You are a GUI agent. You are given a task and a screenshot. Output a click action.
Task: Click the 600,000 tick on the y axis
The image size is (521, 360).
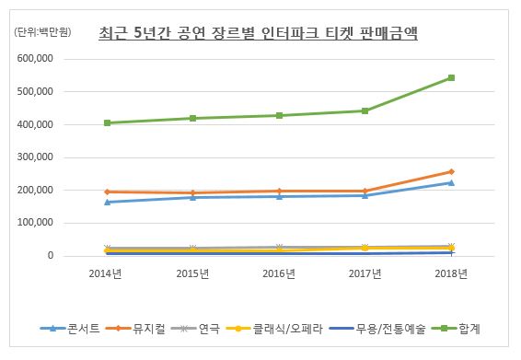point(37,59)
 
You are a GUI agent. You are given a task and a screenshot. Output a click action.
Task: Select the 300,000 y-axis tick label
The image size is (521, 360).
point(37,157)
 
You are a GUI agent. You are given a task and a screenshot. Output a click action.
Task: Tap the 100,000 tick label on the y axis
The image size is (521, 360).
point(37,223)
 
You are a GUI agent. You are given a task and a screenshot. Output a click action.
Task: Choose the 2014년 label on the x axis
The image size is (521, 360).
point(107,273)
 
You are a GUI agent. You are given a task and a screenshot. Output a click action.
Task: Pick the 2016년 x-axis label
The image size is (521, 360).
point(279,273)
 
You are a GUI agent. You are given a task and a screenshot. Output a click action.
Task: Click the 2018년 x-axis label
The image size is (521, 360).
point(450,273)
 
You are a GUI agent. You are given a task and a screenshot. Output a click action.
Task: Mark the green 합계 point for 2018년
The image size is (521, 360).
point(451,77)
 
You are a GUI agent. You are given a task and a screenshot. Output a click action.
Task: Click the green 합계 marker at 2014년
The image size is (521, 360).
point(108,122)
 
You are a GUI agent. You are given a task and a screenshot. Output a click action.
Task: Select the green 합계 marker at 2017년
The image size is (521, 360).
point(365,110)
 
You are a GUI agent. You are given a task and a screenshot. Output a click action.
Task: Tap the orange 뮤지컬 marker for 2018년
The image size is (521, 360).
point(451,171)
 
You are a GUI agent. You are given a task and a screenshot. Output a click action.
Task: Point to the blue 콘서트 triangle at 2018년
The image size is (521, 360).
point(451,182)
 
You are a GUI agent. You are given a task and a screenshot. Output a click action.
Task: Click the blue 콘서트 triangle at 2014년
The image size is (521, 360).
point(108,202)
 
